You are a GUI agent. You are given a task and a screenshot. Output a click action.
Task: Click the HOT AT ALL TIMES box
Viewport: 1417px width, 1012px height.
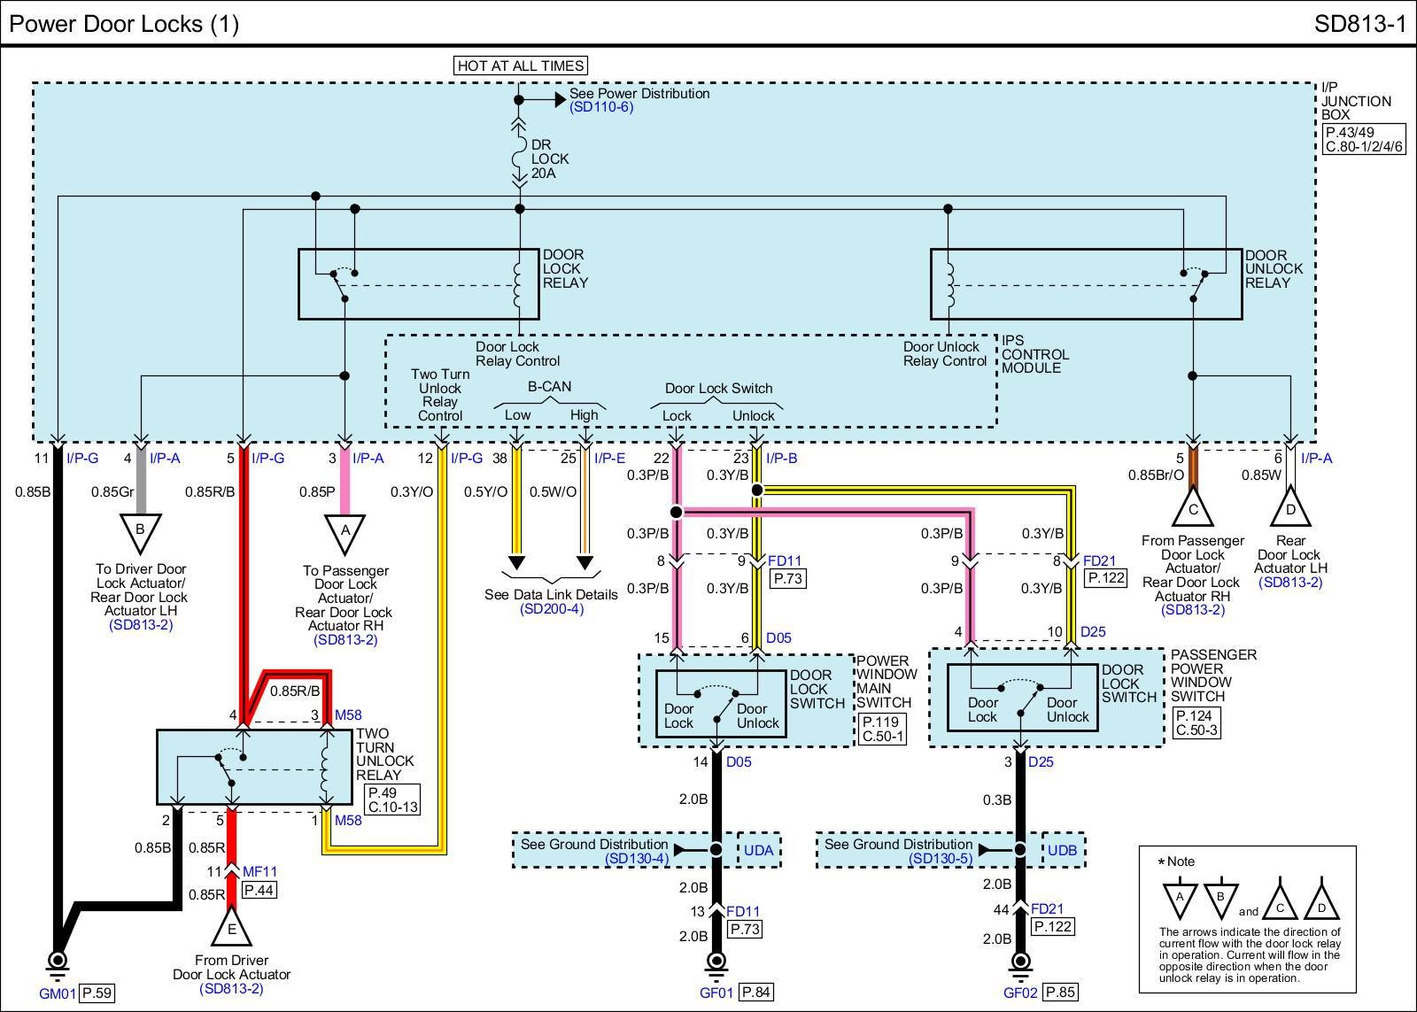tap(521, 66)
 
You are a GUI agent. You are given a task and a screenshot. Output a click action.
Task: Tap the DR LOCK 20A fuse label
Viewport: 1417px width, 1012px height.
tap(549, 159)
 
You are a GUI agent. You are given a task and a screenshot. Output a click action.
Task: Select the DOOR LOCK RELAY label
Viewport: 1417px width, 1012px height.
tap(565, 269)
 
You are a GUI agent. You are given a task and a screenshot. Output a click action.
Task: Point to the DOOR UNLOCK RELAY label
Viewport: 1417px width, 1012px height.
tap(1274, 269)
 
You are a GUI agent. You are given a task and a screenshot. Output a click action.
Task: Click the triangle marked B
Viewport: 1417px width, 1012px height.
tap(140, 529)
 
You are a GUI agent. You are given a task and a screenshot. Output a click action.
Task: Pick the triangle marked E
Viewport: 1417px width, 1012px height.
tap(231, 928)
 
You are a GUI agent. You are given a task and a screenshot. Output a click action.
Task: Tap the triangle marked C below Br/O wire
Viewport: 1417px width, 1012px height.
tap(1193, 508)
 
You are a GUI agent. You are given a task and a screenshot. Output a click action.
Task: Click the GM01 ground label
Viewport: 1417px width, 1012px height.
tap(58, 993)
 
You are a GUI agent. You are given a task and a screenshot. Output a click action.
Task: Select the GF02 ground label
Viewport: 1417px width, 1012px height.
tap(1020, 993)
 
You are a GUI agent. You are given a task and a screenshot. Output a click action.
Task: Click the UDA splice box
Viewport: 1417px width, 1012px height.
tap(758, 851)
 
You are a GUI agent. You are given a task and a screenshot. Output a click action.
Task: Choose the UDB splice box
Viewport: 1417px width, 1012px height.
tap(1062, 851)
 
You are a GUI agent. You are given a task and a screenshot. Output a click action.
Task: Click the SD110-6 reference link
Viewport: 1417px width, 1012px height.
tap(601, 107)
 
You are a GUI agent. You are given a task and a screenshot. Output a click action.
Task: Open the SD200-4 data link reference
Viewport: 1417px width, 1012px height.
tap(552, 609)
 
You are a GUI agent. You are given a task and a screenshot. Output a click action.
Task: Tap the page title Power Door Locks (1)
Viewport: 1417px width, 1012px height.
tap(124, 24)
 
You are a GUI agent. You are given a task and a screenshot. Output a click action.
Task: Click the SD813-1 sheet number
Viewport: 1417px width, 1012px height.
tap(1359, 24)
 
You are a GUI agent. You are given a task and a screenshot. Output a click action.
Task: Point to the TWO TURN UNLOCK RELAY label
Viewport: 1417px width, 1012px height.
tap(385, 754)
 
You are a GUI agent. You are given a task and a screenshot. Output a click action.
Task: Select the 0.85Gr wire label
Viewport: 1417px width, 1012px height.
tap(112, 492)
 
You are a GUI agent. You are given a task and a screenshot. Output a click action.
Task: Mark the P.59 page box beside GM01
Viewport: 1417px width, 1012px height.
tap(97, 993)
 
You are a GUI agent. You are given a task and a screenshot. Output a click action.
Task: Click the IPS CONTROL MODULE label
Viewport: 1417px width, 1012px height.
tap(1035, 354)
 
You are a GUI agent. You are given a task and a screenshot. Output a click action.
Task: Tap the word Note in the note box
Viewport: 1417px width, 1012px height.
tap(1181, 861)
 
